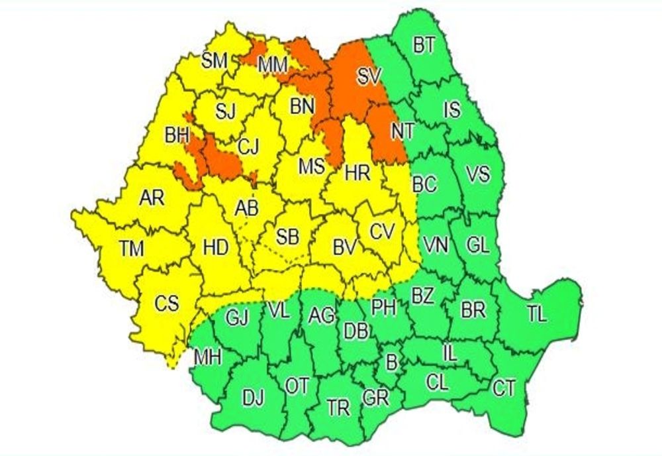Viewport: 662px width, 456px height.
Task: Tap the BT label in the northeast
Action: click(x=424, y=45)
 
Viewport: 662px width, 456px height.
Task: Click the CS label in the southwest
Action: click(x=167, y=304)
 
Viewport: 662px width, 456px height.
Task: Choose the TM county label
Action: click(x=132, y=249)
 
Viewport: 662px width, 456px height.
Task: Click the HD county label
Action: click(x=215, y=249)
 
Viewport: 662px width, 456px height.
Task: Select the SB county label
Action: click(x=287, y=237)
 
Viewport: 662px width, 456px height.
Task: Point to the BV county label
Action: click(x=344, y=249)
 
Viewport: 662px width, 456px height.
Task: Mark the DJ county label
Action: click(x=253, y=398)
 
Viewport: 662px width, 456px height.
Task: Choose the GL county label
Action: click(x=477, y=245)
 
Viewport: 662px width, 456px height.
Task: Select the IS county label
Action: click(x=452, y=109)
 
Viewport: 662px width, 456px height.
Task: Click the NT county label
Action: click(x=401, y=131)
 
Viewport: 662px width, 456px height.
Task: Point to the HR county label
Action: click(x=357, y=174)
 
